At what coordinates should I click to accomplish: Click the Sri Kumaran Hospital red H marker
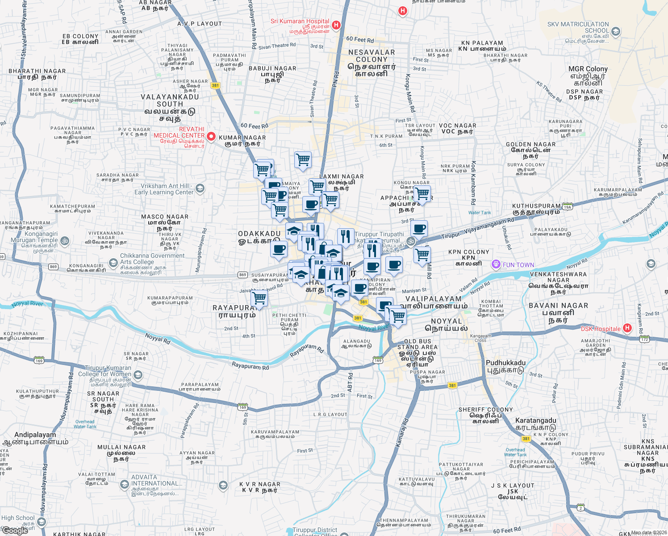point(336,25)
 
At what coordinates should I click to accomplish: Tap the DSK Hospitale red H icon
point(627,328)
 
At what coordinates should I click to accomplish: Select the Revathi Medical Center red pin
point(211,136)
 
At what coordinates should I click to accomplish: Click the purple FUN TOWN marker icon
point(496,264)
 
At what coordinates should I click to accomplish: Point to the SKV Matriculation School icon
point(616,31)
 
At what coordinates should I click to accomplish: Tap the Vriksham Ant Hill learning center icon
point(200,188)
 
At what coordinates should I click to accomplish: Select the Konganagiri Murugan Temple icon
point(65,241)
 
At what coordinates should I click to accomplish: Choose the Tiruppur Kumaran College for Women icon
point(138,374)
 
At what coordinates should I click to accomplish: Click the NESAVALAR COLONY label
point(372,56)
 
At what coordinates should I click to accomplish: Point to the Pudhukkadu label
point(505,363)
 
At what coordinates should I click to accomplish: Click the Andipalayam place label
point(35,435)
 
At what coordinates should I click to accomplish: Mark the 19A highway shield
point(567,207)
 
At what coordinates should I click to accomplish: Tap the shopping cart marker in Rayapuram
point(259,298)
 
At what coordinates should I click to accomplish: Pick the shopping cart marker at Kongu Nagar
point(422,194)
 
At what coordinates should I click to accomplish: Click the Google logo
point(15,531)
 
